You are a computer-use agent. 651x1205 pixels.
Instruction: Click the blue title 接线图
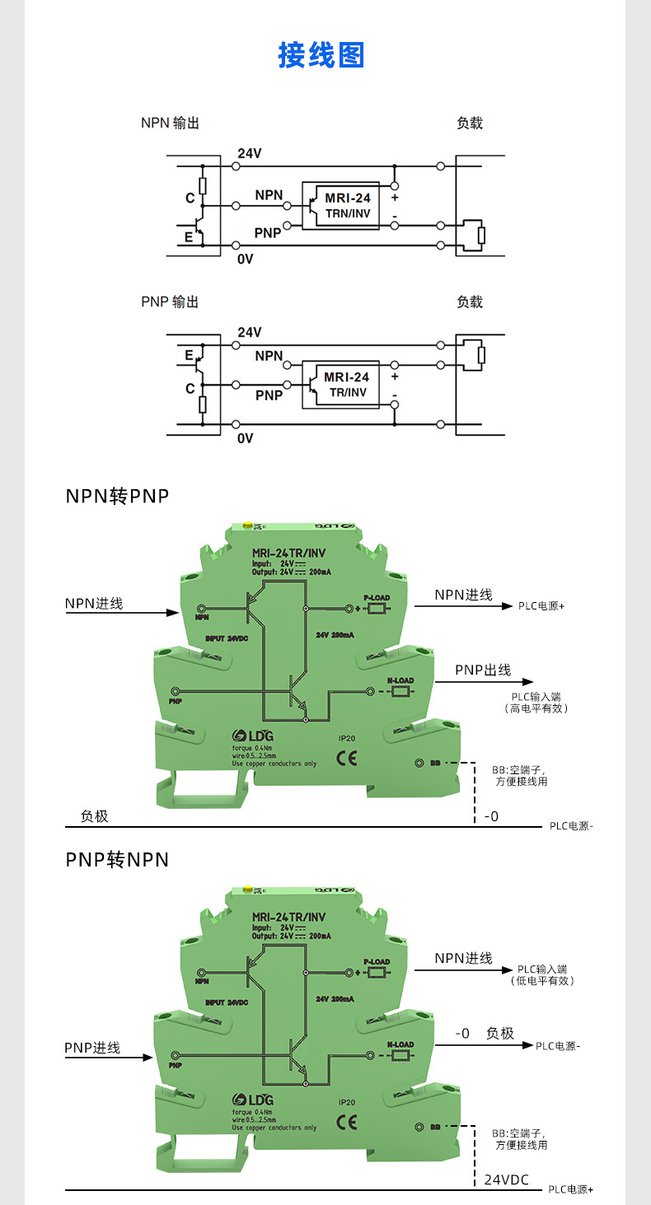[321, 55]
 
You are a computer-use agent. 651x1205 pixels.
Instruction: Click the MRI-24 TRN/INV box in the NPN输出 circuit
[340, 206]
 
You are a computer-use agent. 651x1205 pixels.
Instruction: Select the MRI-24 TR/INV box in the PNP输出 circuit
[340, 385]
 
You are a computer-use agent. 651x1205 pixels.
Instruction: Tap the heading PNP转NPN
[117, 860]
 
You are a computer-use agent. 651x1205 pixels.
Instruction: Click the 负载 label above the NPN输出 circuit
[470, 124]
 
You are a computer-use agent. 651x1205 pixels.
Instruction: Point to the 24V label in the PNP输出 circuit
[249, 332]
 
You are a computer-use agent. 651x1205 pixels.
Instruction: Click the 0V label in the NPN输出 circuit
[245, 259]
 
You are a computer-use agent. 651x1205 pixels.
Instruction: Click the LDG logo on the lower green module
[252, 1100]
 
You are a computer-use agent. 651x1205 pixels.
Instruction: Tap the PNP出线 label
[483, 670]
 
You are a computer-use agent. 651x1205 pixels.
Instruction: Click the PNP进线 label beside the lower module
[92, 1048]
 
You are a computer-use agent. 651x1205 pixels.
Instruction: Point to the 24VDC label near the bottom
[506, 1179]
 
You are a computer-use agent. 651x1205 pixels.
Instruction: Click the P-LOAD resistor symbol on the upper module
[377, 609]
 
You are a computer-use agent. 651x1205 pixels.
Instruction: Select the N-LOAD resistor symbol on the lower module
[400, 1055]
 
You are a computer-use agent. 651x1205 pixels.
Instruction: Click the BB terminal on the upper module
[419, 764]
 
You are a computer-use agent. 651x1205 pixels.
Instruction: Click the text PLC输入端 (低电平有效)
[542, 975]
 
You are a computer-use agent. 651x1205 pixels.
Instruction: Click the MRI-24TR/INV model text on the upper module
[288, 553]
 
